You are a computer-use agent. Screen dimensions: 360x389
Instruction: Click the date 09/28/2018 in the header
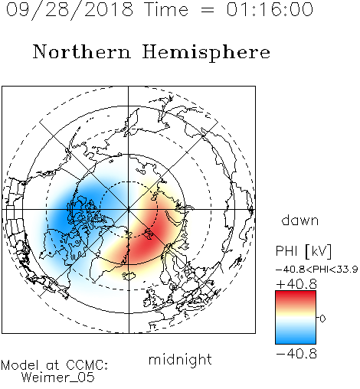point(70,10)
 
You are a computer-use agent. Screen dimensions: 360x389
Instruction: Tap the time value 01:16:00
point(270,9)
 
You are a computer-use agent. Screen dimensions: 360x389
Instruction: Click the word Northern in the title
point(82,51)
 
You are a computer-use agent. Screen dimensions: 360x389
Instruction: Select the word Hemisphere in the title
point(206,53)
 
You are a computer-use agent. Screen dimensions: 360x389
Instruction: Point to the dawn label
point(300,220)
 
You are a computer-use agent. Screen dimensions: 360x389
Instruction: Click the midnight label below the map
point(180,360)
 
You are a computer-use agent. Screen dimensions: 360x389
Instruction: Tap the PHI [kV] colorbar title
point(303,251)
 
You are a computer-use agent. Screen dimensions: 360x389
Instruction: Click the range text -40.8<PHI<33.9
point(316,270)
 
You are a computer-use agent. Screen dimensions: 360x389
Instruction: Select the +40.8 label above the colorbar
point(296,284)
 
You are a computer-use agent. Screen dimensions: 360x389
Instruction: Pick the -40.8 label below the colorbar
point(296,354)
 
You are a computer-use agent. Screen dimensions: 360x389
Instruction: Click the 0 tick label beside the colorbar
point(322,319)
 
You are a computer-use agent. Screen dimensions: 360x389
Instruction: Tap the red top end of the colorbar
point(296,293)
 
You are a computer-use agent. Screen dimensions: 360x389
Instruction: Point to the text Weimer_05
point(57,378)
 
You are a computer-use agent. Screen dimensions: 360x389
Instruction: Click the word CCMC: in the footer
point(87,365)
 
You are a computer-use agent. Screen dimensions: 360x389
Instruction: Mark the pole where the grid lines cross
point(129,210)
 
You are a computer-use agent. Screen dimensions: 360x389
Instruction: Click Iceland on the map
point(129,276)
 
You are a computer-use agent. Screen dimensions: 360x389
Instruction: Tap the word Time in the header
point(166,9)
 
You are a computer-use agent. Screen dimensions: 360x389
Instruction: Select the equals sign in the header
point(208,10)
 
